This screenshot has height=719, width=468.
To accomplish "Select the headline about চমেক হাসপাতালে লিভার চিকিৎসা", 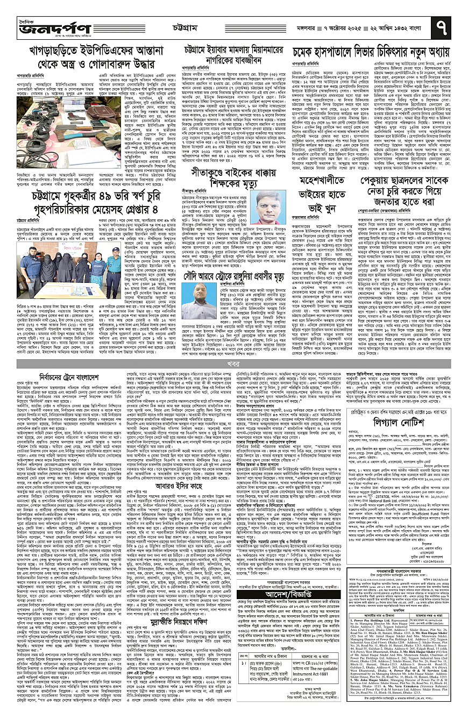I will tap(371, 53).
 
